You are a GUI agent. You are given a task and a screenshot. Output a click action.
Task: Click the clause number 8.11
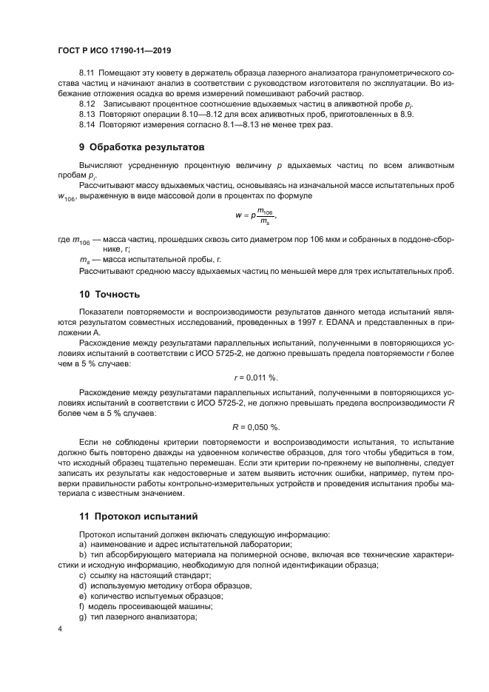pos(87,74)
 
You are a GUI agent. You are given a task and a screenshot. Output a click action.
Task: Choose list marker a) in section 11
pos(82,545)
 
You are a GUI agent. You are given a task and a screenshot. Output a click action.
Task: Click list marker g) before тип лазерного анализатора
pos(82,617)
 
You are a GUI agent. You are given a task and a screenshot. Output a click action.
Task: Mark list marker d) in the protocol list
pos(82,585)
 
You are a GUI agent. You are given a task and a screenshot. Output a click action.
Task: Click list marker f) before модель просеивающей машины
pos(81,606)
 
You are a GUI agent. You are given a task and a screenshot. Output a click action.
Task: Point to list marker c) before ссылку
pos(82,575)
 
